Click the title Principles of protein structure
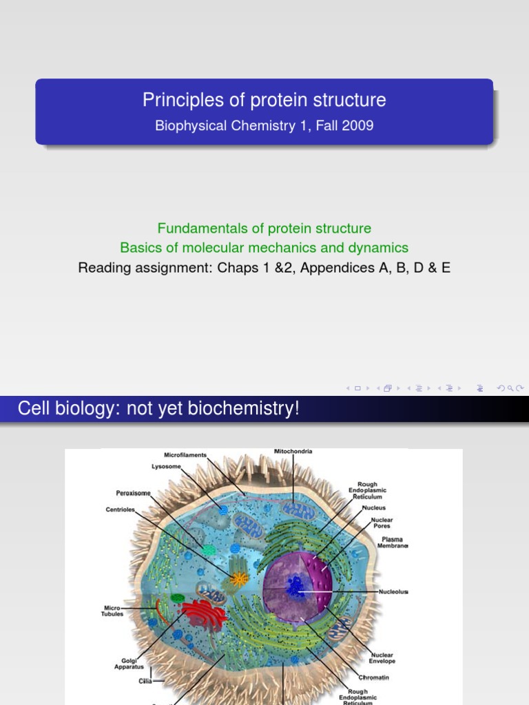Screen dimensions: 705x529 (264, 101)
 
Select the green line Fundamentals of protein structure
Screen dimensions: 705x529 (264, 228)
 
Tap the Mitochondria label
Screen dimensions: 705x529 (293, 452)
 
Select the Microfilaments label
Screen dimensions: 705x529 (185, 455)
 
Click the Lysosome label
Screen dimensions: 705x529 (166, 466)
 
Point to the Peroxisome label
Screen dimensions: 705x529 (133, 493)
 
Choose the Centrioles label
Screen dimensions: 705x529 (121, 510)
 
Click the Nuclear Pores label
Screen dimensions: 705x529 (382, 523)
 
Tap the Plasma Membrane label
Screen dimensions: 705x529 (393, 543)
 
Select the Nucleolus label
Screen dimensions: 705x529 (393, 591)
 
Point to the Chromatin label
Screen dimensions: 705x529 (375, 677)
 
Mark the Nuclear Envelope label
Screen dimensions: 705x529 (382, 657)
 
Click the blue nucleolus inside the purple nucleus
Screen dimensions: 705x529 (297, 587)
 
